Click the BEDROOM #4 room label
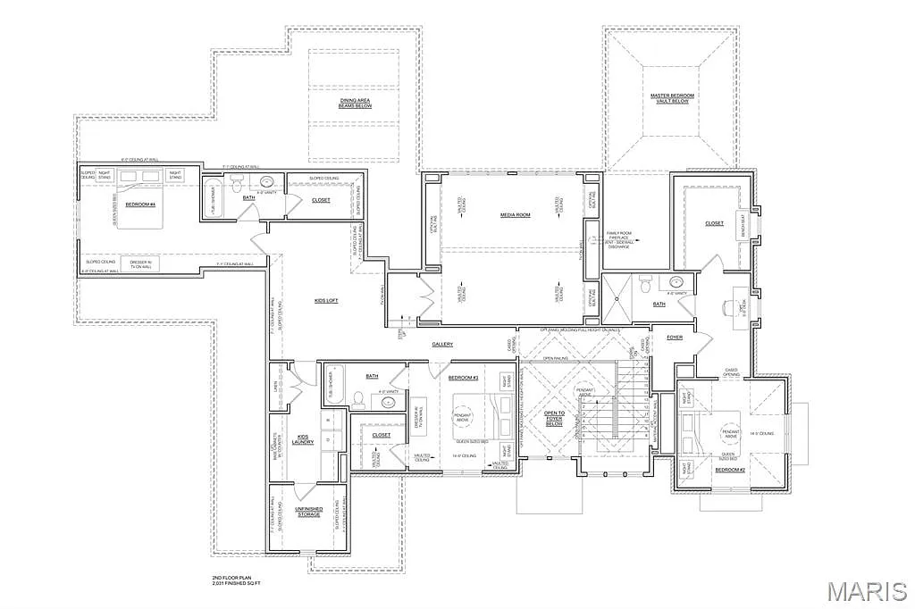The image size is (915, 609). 140,204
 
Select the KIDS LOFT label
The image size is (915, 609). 325,301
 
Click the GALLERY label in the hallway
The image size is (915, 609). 442,344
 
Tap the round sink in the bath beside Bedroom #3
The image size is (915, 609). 390,403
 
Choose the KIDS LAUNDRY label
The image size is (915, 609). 302,439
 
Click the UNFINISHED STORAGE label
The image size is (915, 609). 309,512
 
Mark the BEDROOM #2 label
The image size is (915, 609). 729,469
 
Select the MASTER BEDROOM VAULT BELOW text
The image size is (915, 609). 671,98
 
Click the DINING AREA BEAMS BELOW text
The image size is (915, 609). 355,103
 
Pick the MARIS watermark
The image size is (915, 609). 866,591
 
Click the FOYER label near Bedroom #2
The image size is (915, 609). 675,337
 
